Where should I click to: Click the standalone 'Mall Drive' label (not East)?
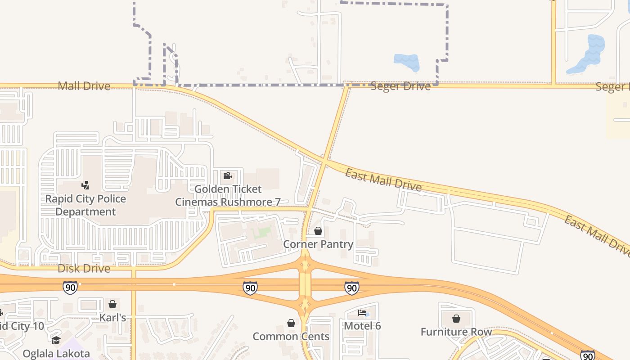(84, 85)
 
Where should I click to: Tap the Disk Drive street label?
(84, 269)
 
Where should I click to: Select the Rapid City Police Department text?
(85, 205)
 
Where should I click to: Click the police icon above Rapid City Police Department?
(85, 185)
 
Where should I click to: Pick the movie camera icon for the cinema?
(227, 175)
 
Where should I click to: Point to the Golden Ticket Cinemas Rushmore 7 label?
(227, 195)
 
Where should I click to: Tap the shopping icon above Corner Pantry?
(318, 231)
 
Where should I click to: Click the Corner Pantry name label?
(318, 244)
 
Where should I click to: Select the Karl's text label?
(112, 318)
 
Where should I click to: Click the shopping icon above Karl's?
(112, 305)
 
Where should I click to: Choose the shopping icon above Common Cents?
(291, 323)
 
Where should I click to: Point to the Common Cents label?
(291, 337)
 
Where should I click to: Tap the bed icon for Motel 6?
(362, 313)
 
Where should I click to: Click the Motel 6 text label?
(362, 325)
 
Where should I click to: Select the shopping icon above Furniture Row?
(456, 319)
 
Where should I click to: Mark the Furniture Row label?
(456, 332)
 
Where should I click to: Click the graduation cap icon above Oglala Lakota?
(56, 341)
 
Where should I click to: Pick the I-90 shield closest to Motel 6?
(351, 288)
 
